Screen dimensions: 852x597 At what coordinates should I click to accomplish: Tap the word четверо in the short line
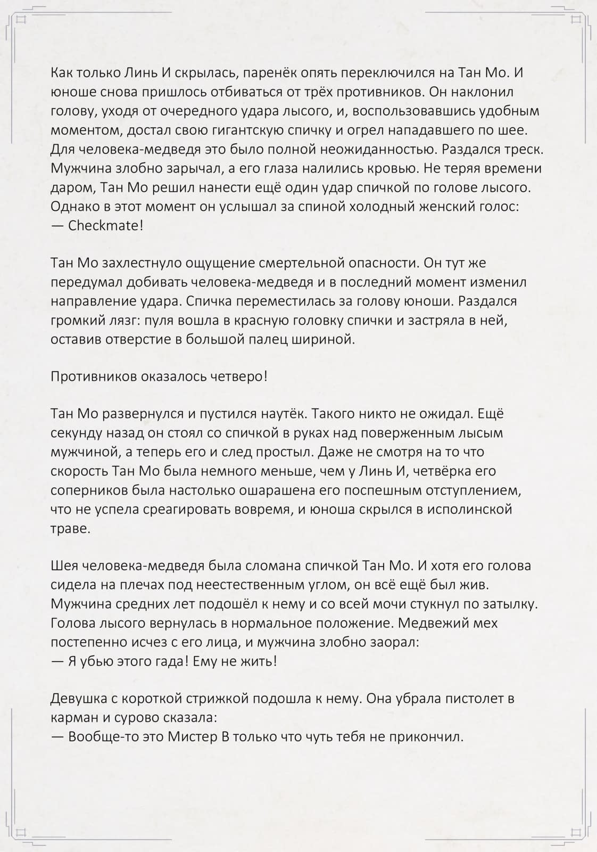coord(238,376)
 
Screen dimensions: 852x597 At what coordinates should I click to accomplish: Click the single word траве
coord(71,528)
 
